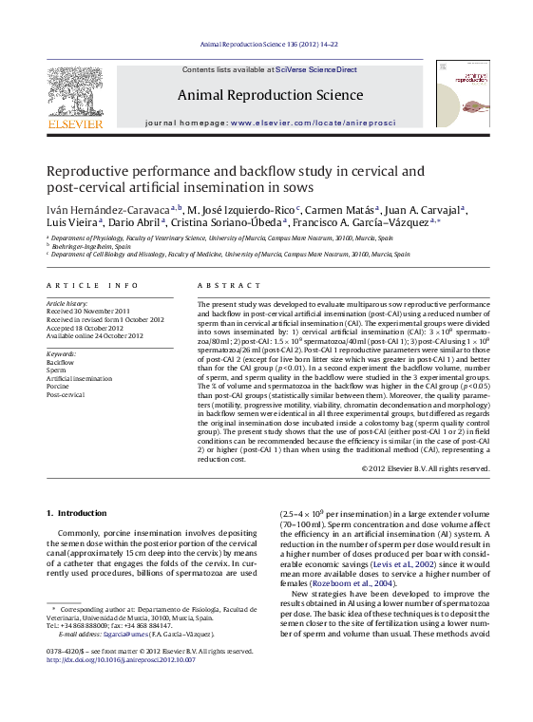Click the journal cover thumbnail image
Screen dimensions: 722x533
[463, 93]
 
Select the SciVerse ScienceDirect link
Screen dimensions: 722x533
[316, 69]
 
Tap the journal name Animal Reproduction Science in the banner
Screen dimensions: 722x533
[270, 95]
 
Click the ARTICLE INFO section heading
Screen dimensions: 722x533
[86, 285]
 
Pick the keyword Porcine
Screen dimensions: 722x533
[58, 386]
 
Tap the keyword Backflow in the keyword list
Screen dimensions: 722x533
[60, 362]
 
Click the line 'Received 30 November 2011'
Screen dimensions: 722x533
[88, 312]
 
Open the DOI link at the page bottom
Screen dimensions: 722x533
[121, 659]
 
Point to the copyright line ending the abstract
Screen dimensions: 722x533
[426, 467]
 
